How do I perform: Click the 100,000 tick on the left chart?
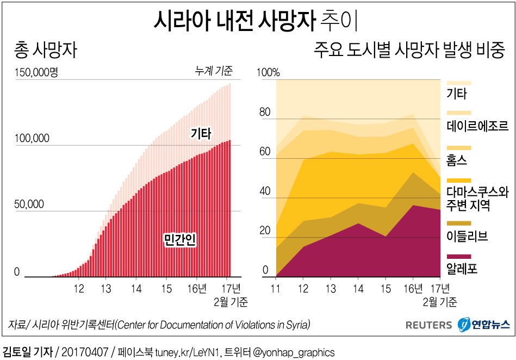(x=32, y=139)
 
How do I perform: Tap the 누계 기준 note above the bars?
(x=214, y=71)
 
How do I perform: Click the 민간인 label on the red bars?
(x=179, y=240)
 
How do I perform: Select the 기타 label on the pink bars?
(x=200, y=133)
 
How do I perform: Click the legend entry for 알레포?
(x=462, y=268)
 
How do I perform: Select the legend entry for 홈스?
(x=457, y=160)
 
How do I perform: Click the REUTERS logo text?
(x=428, y=325)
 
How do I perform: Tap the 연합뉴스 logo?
(x=484, y=325)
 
